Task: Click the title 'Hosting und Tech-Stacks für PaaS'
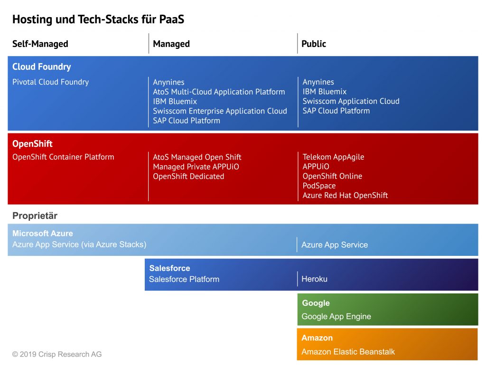coord(98,19)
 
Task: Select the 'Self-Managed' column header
coord(40,44)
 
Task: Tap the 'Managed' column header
coord(171,44)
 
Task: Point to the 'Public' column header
coord(314,44)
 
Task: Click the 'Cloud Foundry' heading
coord(42,66)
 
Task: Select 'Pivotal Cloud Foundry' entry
coord(50,82)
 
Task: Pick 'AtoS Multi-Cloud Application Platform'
coord(219,92)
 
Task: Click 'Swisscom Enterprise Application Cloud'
coord(220,111)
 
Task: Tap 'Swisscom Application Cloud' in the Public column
coord(351,101)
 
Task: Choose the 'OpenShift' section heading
coord(32,144)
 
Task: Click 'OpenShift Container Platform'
coord(63,157)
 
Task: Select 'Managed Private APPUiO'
coord(196,167)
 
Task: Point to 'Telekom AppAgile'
coord(333,157)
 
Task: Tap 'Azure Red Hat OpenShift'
coord(346,195)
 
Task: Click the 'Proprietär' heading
coord(35,216)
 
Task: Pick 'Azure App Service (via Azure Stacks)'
coord(79,245)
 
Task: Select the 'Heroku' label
coord(314,279)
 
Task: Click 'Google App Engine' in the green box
coord(336,317)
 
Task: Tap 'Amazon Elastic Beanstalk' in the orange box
coord(348,352)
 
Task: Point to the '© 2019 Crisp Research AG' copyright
coord(57,354)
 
